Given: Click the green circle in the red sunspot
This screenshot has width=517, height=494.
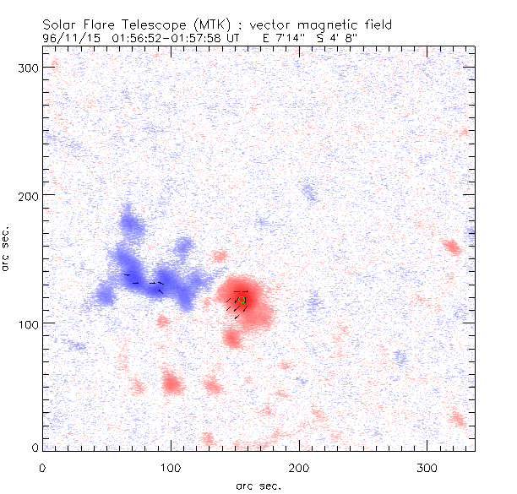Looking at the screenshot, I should coord(242,300).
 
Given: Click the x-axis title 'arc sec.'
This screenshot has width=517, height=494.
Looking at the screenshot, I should coord(258,485).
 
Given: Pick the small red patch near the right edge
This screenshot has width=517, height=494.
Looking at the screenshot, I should coord(451,247).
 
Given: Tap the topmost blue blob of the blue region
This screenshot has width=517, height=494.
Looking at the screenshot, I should coord(129,221).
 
